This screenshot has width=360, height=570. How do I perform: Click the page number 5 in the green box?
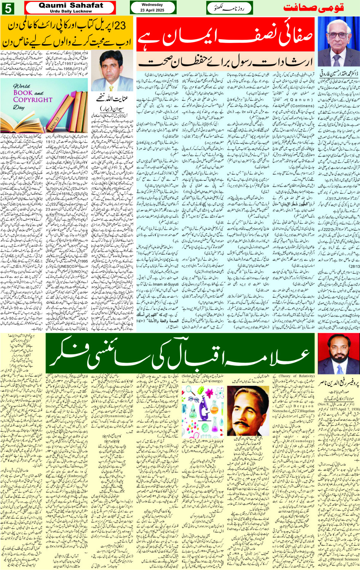tap(8, 8)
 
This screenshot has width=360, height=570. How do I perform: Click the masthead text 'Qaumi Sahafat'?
tap(71, 5)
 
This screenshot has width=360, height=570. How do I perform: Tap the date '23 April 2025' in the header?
tap(152, 10)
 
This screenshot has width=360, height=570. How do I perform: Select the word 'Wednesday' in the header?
tap(152, 5)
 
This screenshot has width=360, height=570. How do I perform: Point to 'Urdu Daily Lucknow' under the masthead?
tap(71, 11)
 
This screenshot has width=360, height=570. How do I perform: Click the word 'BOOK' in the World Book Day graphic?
tap(23, 93)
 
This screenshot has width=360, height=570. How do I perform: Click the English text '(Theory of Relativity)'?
tap(297, 376)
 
